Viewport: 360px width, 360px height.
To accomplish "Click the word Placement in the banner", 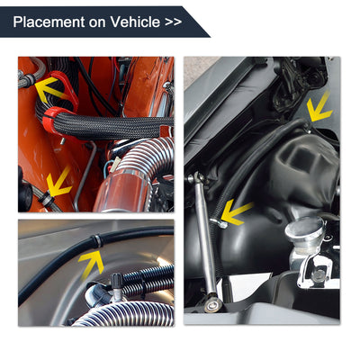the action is click(x=49, y=22).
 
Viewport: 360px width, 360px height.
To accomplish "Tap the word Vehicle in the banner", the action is click(x=135, y=22).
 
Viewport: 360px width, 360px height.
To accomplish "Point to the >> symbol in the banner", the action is click(x=173, y=22).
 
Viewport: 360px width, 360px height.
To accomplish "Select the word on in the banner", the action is click(x=97, y=23).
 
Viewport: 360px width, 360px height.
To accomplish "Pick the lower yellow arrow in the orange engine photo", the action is click(x=59, y=183).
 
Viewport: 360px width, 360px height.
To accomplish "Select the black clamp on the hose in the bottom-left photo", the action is click(x=97, y=241).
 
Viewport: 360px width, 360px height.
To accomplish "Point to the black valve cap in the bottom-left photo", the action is click(x=116, y=282).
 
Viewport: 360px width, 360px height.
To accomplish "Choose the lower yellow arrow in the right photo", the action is click(x=236, y=212).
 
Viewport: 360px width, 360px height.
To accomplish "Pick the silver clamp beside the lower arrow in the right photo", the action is click(x=219, y=222).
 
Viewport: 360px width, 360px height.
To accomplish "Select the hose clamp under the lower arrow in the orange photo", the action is click(x=47, y=199).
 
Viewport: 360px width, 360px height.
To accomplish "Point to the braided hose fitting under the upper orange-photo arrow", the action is click(x=29, y=80).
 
